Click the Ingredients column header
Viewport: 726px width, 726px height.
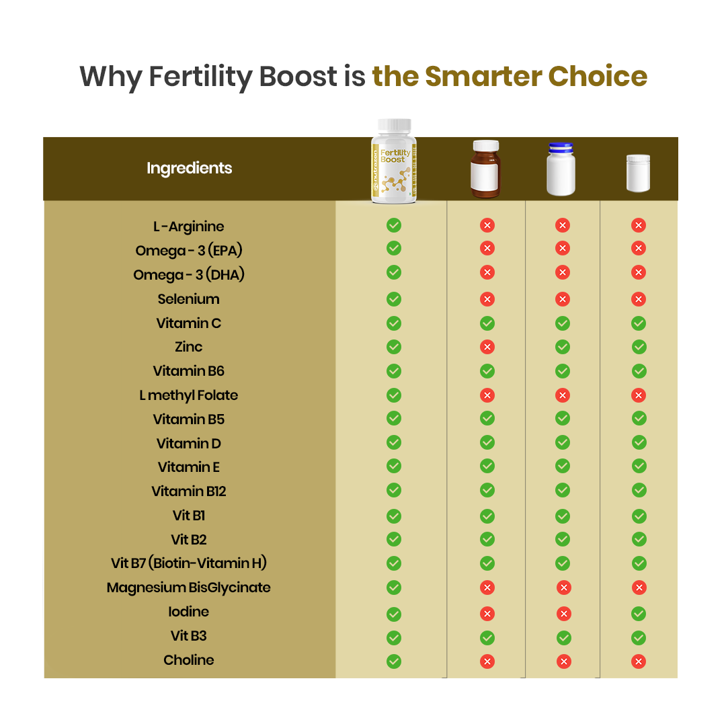coord(189,168)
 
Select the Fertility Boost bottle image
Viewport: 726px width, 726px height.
coord(394,161)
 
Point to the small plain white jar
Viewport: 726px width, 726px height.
coord(638,173)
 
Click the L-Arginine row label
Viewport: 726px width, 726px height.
coord(188,227)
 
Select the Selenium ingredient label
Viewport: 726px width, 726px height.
coord(188,299)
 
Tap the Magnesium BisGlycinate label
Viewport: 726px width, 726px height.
coord(188,588)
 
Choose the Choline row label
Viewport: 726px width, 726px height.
coord(188,660)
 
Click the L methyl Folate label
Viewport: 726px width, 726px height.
coord(188,395)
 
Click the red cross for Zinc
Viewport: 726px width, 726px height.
coord(487,347)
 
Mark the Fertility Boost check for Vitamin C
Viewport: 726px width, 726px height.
coord(394,323)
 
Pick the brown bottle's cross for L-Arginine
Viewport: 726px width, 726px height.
coord(487,226)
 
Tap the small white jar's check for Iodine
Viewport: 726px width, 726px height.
coord(639,613)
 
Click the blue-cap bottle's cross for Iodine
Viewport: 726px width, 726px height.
coord(563,613)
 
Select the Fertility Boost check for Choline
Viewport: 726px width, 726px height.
coord(394,661)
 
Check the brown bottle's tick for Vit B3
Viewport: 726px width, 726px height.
coord(487,637)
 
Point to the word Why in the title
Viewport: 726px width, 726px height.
coord(110,77)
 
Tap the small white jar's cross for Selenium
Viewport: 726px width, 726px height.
coord(639,299)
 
